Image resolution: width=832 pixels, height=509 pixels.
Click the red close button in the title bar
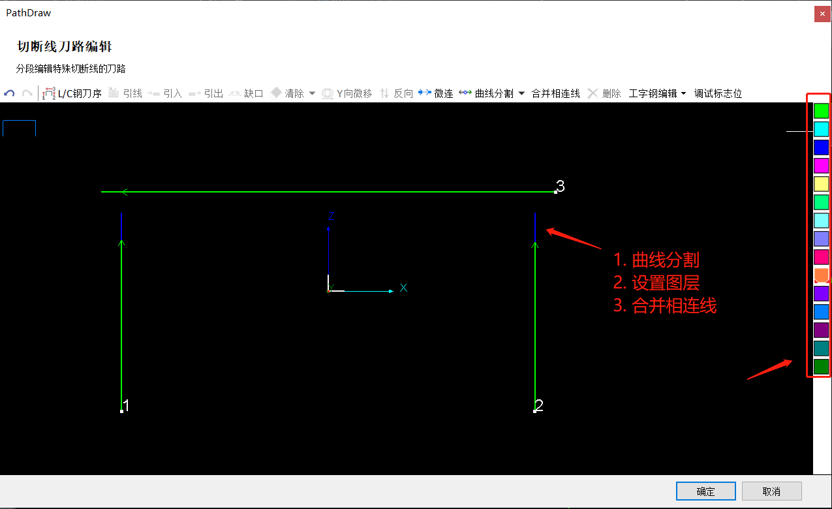(822, 14)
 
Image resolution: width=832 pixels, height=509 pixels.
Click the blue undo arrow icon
(9, 93)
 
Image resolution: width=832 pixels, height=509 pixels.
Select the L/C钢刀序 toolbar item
(72, 93)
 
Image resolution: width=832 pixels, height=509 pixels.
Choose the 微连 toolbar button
(436, 93)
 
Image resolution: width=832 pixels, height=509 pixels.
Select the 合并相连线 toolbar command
(556, 93)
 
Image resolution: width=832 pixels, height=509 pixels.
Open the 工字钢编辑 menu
(656, 93)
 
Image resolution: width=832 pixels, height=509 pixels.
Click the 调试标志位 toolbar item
(718, 93)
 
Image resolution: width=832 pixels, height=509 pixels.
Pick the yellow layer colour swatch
(821, 184)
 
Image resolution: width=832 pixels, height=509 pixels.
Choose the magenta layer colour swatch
(821, 166)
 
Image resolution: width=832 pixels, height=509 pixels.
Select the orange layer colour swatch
(821, 275)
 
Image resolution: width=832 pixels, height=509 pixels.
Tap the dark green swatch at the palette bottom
(821, 367)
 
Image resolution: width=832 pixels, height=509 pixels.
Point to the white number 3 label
(561, 186)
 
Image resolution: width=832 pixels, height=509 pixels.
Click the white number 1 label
(127, 405)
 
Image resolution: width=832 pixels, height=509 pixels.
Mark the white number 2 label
(539, 405)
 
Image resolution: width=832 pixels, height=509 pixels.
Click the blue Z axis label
(331, 216)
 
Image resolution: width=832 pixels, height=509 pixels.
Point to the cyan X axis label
(403, 288)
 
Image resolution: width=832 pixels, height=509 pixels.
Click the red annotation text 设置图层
(666, 283)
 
